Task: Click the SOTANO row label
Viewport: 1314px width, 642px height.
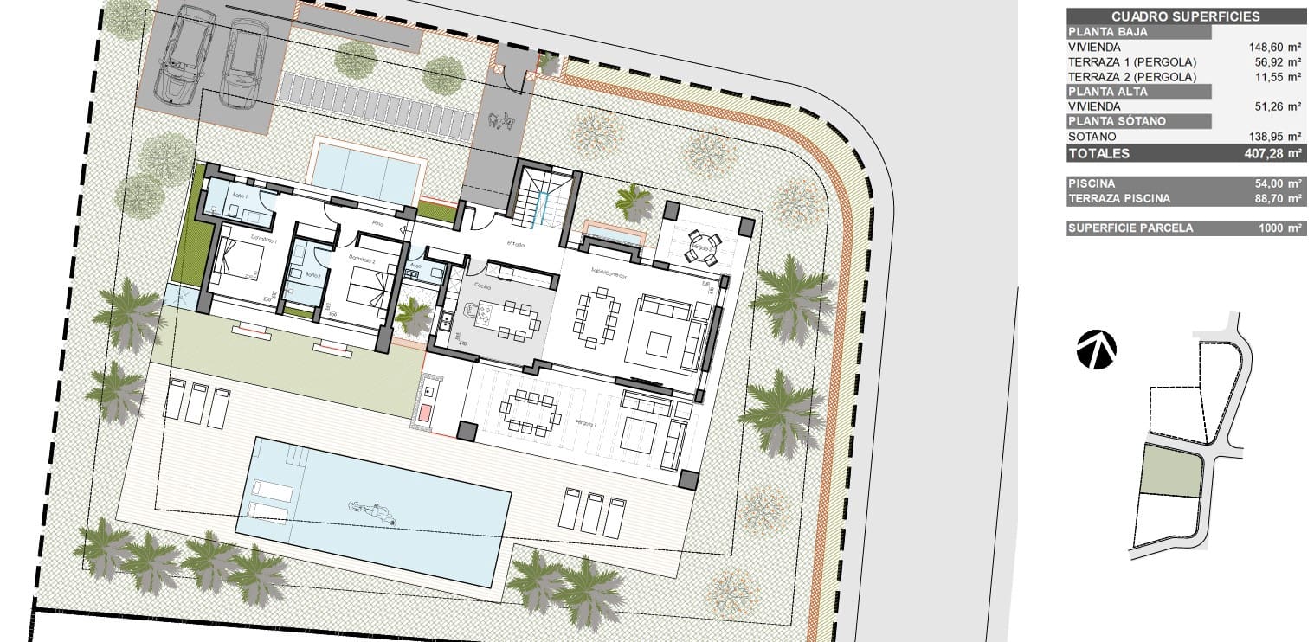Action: (x=1092, y=137)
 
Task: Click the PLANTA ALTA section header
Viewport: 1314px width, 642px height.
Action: (x=1108, y=92)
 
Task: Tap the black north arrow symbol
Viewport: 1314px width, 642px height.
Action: (x=1096, y=350)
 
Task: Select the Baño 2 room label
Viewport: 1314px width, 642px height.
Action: (x=312, y=276)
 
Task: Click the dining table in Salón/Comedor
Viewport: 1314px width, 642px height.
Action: (x=598, y=316)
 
